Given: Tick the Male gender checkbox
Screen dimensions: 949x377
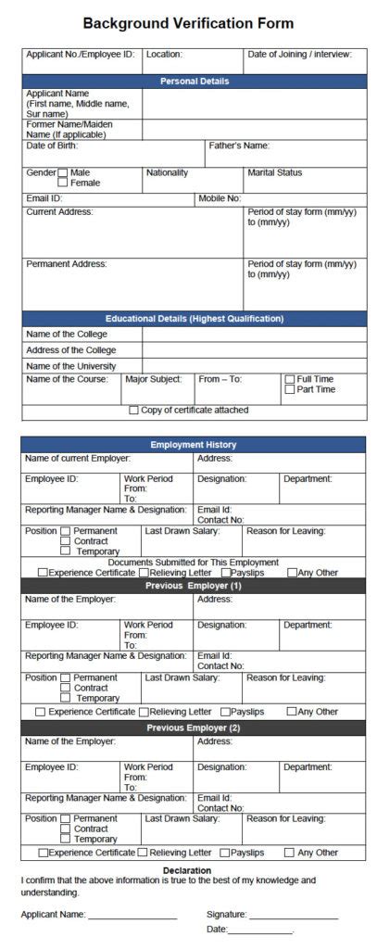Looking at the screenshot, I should tap(63, 172).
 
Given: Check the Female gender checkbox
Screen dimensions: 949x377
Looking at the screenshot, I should tap(63, 183).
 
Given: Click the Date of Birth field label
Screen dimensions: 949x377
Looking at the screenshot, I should tap(52, 146).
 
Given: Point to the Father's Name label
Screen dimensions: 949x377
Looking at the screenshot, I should tap(238, 146).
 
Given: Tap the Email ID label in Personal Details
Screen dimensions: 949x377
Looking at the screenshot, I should tap(44, 198).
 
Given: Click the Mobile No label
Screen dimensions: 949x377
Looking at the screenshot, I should tap(220, 198).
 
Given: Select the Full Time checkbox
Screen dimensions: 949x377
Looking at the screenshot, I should tap(290, 379).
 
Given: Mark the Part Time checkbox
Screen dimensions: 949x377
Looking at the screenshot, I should tap(290, 389).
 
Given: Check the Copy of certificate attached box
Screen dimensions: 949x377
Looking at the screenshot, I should tap(134, 410).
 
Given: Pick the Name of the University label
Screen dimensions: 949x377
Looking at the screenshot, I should tap(70, 366).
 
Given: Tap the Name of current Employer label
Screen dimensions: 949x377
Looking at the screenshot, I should tap(77, 458).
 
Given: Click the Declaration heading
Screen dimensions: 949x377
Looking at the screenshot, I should tap(188, 870).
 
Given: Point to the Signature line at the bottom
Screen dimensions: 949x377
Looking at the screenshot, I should tap(293, 914).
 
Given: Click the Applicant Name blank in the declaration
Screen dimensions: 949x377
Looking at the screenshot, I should tap(132, 914).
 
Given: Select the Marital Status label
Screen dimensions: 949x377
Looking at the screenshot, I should tap(274, 172).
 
